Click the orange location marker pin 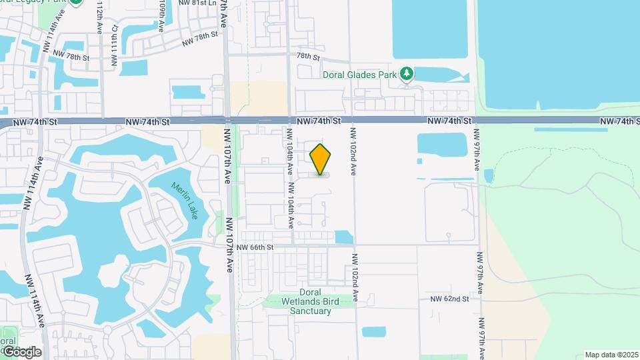coord(321,159)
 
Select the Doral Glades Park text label coord(360,74)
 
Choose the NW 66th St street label coord(255,247)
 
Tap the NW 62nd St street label coord(449,299)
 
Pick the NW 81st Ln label coord(199,3)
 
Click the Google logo coord(21,351)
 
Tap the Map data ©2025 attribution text coord(611,355)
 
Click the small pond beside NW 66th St coord(343,237)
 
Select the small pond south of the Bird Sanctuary coord(373,331)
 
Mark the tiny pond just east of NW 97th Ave coord(489,176)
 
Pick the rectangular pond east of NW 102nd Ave coord(441,145)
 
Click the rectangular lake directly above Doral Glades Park coord(433,30)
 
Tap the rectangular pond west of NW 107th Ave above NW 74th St coord(189,93)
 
